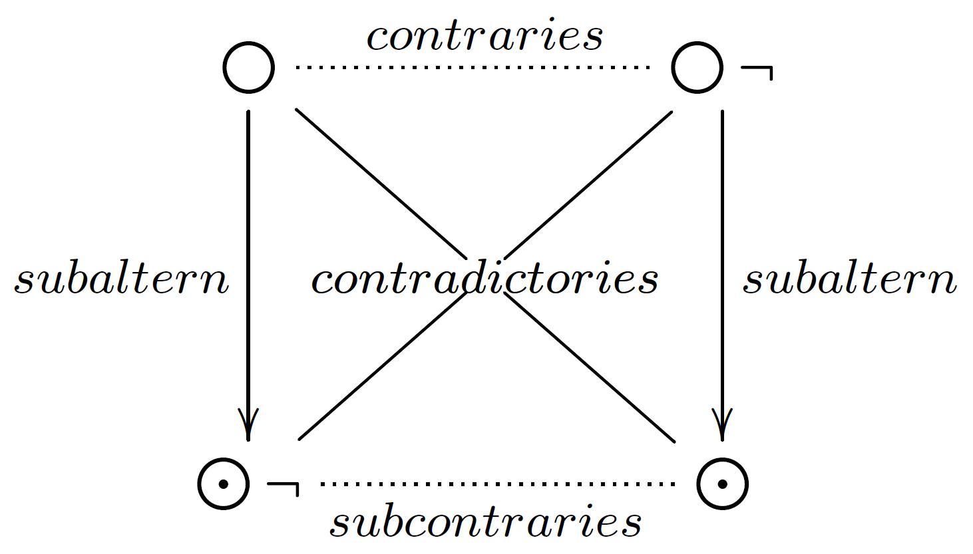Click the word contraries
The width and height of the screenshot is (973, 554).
485,36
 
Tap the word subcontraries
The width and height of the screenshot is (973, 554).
485,522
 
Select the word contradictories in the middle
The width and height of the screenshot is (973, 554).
485,279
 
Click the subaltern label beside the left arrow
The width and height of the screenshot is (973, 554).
122,279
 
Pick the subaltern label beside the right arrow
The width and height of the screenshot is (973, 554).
850,279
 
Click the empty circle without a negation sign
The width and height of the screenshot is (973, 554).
248,67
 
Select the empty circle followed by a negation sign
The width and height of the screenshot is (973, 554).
697,67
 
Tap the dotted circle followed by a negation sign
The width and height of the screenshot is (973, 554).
224,484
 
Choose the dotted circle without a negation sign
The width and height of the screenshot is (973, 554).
722,484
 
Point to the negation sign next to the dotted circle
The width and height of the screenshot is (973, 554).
284,487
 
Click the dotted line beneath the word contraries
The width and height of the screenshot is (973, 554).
473,67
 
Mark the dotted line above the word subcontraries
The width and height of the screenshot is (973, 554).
498,484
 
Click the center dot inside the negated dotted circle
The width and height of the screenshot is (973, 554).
224,484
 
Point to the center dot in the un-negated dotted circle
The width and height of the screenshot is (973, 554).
722,484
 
